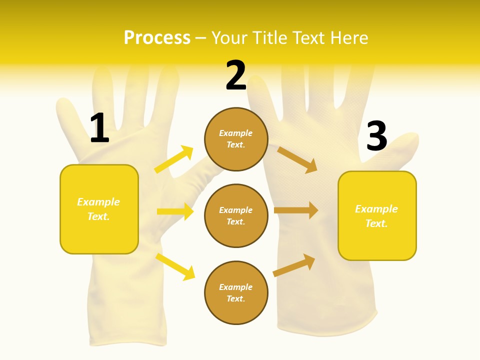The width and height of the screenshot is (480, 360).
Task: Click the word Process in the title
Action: point(157,38)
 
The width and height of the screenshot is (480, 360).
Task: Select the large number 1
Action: point(99,128)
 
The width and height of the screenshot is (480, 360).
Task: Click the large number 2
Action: point(236,75)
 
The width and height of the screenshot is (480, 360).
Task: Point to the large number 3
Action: point(376,136)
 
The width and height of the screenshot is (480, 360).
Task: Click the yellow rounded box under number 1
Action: point(99,209)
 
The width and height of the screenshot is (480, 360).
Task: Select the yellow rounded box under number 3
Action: point(377,215)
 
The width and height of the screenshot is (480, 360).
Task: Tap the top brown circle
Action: point(236,139)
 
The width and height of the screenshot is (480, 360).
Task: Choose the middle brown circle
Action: point(236,215)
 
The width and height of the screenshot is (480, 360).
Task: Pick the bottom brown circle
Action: point(236,292)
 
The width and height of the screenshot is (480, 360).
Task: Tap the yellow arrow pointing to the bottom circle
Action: point(175,266)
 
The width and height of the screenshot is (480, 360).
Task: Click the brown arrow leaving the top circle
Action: point(297,159)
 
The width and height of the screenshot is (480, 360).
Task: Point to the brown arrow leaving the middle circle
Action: point(296,210)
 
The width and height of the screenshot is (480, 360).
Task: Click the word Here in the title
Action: point(349,38)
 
